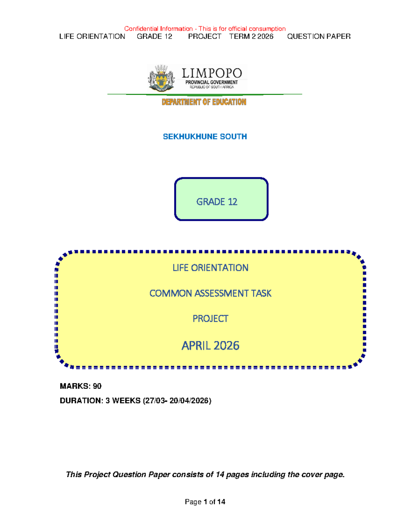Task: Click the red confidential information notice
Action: point(205,29)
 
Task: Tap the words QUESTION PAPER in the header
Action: point(319,36)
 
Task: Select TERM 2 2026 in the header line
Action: point(251,36)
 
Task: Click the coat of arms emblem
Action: point(161,78)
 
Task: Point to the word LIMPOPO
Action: point(212,73)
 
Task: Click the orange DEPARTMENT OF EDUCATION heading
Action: point(204,102)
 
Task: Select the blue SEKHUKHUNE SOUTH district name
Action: point(205,136)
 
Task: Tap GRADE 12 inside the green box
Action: point(217,202)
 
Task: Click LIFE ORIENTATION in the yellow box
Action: point(210,268)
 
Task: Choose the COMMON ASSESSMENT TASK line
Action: point(210,293)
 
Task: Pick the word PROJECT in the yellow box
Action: point(210,319)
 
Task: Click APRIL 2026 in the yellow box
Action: point(210,346)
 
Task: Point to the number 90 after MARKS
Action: point(97,386)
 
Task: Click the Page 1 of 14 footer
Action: point(205,502)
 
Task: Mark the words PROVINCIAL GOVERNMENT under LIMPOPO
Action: point(211,82)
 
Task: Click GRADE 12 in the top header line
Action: point(154,36)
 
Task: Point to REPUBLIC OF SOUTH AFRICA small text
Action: point(212,87)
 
